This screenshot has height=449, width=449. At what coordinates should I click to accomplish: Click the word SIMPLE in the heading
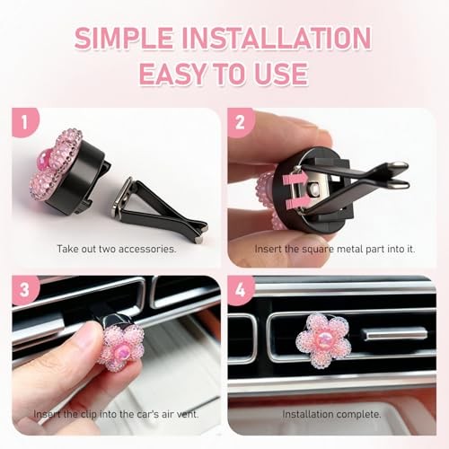[x=124, y=38]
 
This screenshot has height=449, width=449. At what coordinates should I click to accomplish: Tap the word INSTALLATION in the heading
[x=277, y=38]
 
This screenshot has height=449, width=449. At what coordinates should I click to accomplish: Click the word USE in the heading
[x=281, y=74]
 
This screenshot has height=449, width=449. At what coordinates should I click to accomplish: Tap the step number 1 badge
[x=25, y=122]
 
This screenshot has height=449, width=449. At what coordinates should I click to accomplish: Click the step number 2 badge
[x=241, y=122]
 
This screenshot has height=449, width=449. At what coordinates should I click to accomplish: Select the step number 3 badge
[x=25, y=290]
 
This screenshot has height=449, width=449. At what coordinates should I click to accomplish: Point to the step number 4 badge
[x=241, y=290]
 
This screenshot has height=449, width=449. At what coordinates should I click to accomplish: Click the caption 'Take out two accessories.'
[x=117, y=249]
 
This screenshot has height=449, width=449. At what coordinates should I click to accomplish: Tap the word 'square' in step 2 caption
[x=318, y=249]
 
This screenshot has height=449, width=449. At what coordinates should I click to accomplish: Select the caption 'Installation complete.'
[x=331, y=415]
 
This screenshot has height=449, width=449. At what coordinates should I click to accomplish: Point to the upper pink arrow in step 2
[x=295, y=179]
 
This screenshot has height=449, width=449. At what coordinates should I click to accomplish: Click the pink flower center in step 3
[x=121, y=349]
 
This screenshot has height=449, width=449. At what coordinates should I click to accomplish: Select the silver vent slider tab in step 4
[x=395, y=334]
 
